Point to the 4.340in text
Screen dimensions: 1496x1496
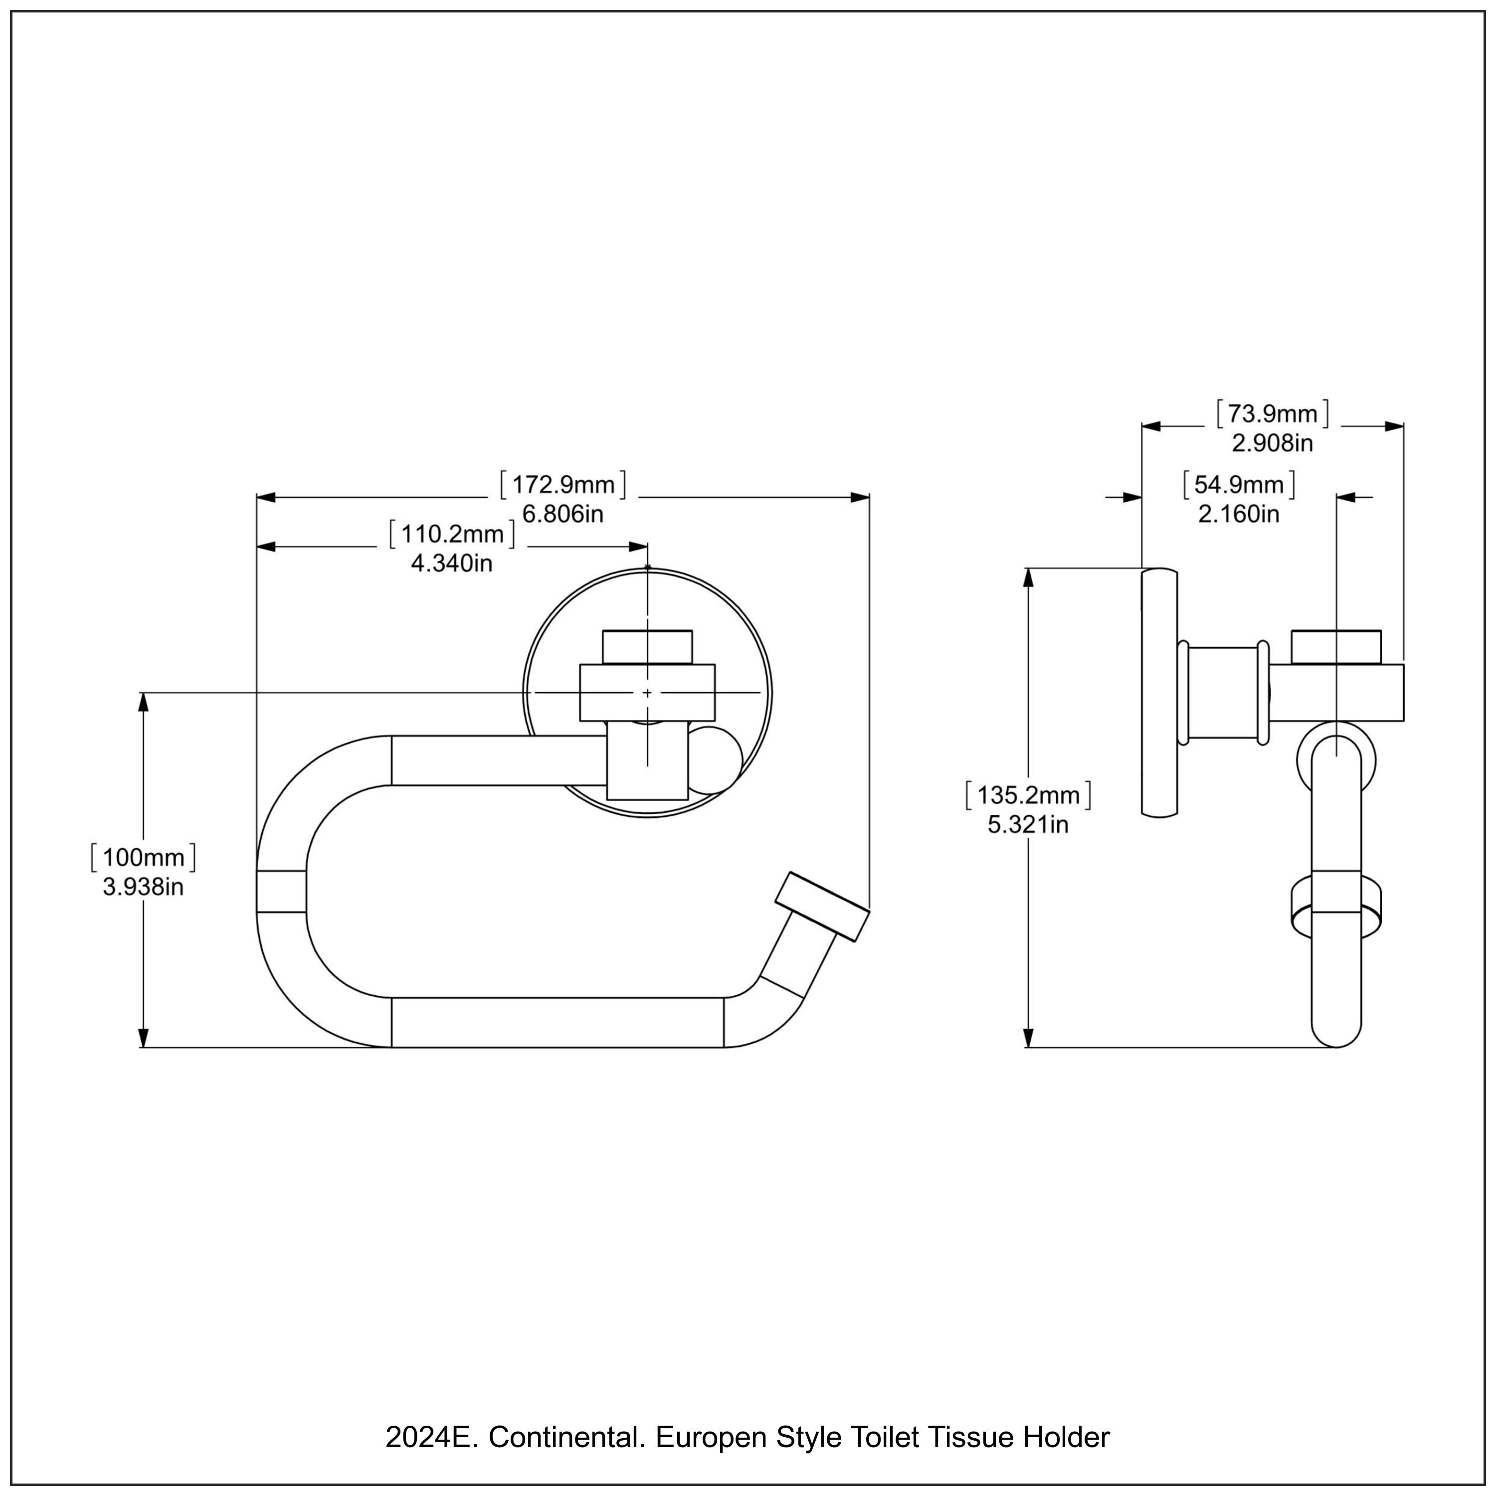tap(451, 563)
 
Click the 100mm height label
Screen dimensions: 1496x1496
tap(143, 857)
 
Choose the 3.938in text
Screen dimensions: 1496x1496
tap(143, 887)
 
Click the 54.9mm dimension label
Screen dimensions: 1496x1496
tap(1239, 485)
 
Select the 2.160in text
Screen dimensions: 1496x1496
tap(1239, 514)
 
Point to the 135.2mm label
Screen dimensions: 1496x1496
tap(1028, 795)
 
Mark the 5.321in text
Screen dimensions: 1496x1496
tap(1028, 825)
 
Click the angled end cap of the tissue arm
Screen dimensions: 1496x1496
tap(822, 907)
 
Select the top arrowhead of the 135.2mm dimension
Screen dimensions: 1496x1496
tap(1028, 579)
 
